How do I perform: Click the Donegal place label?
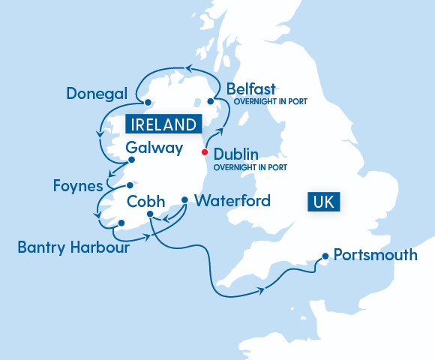[97, 94]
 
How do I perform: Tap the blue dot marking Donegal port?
[148, 103]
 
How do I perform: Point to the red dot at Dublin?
[205, 153]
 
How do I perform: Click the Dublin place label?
[236, 154]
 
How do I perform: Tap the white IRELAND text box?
[164, 124]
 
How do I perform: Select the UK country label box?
[324, 201]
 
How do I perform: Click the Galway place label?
[154, 148]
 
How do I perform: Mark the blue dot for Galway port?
[131, 160]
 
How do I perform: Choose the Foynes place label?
[78, 184]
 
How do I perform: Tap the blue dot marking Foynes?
[130, 185]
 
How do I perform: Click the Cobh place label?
[146, 201]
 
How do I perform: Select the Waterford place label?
[232, 201]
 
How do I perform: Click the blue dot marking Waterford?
[184, 199]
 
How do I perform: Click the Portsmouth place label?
[375, 255]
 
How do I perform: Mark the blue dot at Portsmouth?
[325, 256]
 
